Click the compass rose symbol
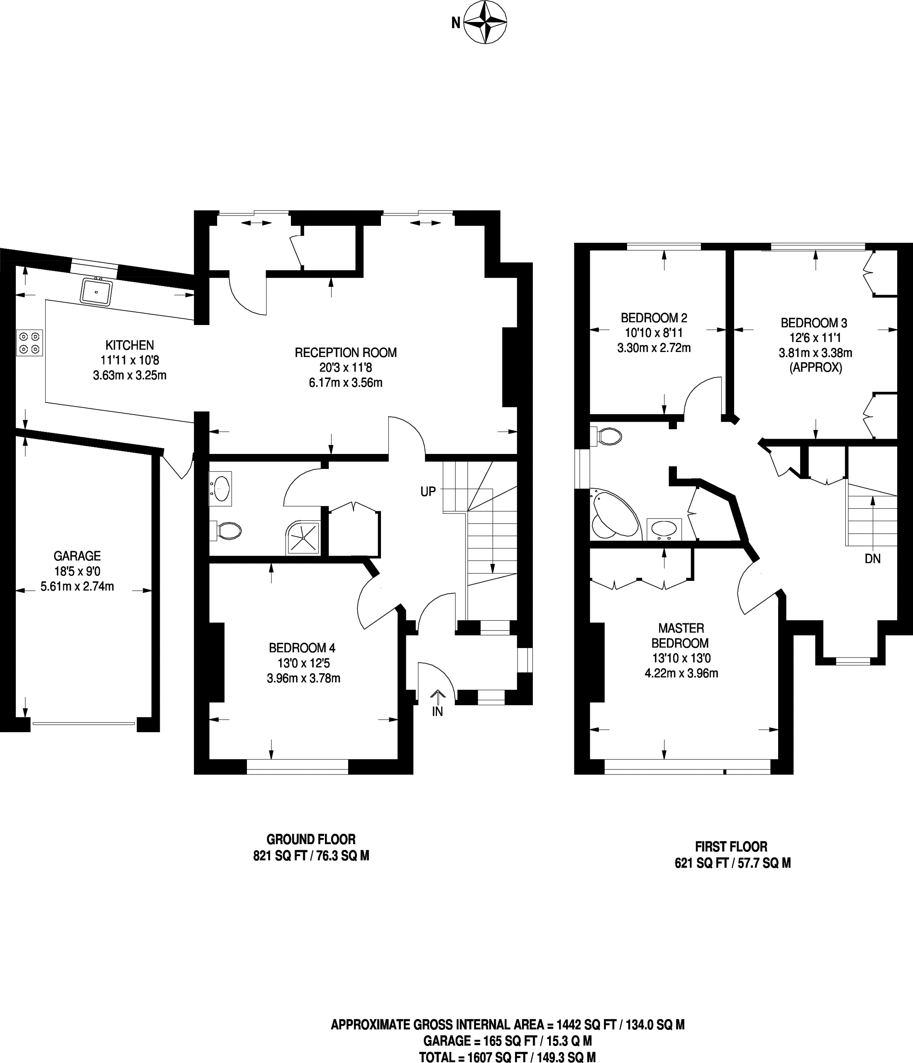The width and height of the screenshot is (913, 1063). coord(485,22)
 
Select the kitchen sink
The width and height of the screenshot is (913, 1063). coord(96,291)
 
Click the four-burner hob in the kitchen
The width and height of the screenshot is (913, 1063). coord(29,343)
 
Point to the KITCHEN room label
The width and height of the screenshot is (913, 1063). coord(129,345)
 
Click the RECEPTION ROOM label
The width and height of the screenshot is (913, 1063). coord(346,352)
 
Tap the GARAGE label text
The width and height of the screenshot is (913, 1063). coord(77,556)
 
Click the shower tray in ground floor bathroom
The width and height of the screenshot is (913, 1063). coord(303,538)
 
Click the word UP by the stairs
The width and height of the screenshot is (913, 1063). coord(428,491)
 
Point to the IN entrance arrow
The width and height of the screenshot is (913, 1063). coord(437,697)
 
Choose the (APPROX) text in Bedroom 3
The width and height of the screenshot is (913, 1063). coord(815,367)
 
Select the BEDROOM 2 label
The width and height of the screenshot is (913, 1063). coord(654,318)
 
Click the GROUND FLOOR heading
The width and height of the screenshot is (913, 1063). coord(311,839)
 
